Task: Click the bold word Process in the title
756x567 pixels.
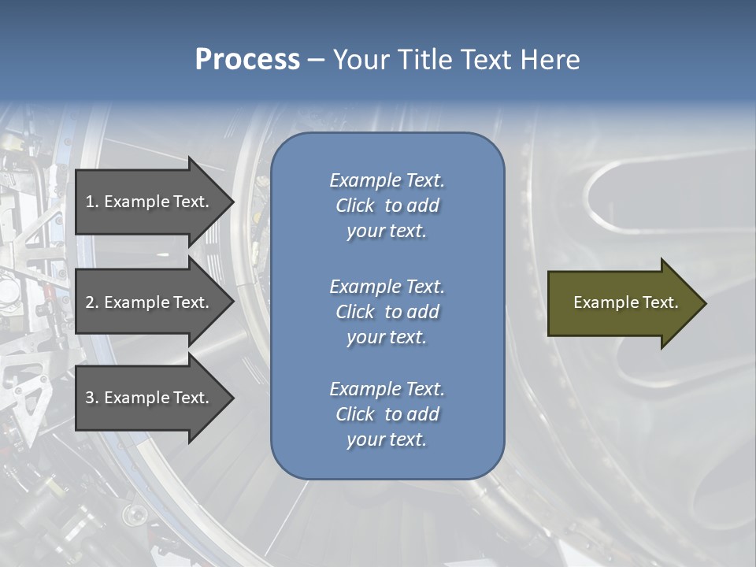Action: point(247,60)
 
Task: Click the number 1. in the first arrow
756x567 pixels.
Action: point(92,202)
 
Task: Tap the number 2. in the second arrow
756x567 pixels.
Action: point(92,302)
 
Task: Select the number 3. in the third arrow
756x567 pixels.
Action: point(92,398)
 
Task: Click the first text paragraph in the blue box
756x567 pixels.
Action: point(387,206)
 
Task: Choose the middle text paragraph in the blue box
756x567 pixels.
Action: point(387,312)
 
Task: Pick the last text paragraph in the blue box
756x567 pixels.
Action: point(387,414)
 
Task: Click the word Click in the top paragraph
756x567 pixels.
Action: point(354,206)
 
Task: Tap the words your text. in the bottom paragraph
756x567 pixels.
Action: point(387,439)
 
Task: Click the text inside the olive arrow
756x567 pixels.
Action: point(625,302)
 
